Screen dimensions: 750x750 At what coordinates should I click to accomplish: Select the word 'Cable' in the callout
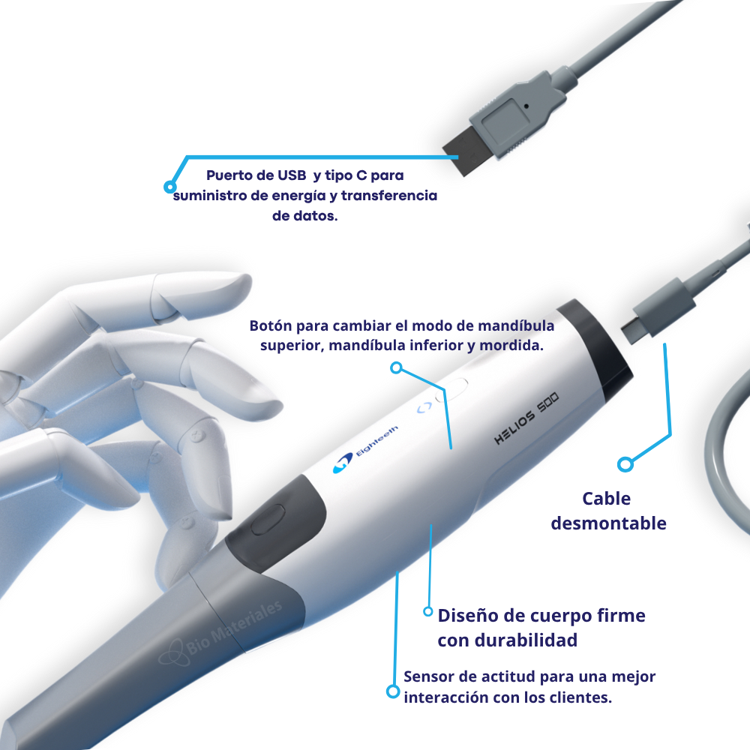coord(607,499)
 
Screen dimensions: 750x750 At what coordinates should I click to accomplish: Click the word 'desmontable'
coord(608,523)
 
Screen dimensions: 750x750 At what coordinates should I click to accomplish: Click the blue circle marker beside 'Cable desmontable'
coord(625,464)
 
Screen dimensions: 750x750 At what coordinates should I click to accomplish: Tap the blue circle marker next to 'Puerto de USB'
coord(170,185)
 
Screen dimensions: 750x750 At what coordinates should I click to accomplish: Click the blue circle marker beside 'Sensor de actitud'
coord(392,691)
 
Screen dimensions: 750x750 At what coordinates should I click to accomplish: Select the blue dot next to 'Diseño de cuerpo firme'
coord(428,611)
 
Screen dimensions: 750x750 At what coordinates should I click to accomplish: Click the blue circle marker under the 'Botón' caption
coord(397,367)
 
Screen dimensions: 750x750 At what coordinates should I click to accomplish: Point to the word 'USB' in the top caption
coord(292,176)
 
